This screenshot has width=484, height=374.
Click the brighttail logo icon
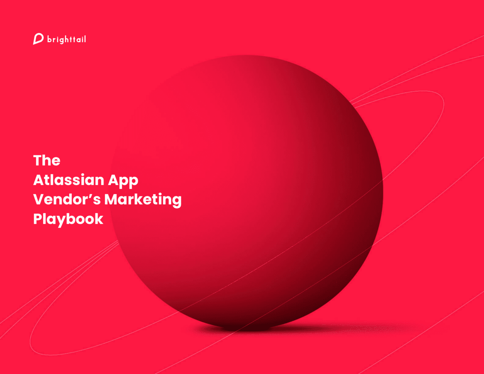[38, 39]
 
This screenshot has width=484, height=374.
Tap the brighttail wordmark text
[67, 39]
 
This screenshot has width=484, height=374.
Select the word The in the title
[47, 160]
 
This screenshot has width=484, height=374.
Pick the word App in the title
[123, 181]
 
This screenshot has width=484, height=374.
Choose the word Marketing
[143, 200]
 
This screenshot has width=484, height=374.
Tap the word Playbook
[68, 219]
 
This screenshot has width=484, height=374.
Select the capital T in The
[38, 160]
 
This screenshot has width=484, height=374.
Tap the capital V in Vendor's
[39, 199]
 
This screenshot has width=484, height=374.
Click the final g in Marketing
[177, 202]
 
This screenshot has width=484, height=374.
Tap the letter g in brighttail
[61, 41]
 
